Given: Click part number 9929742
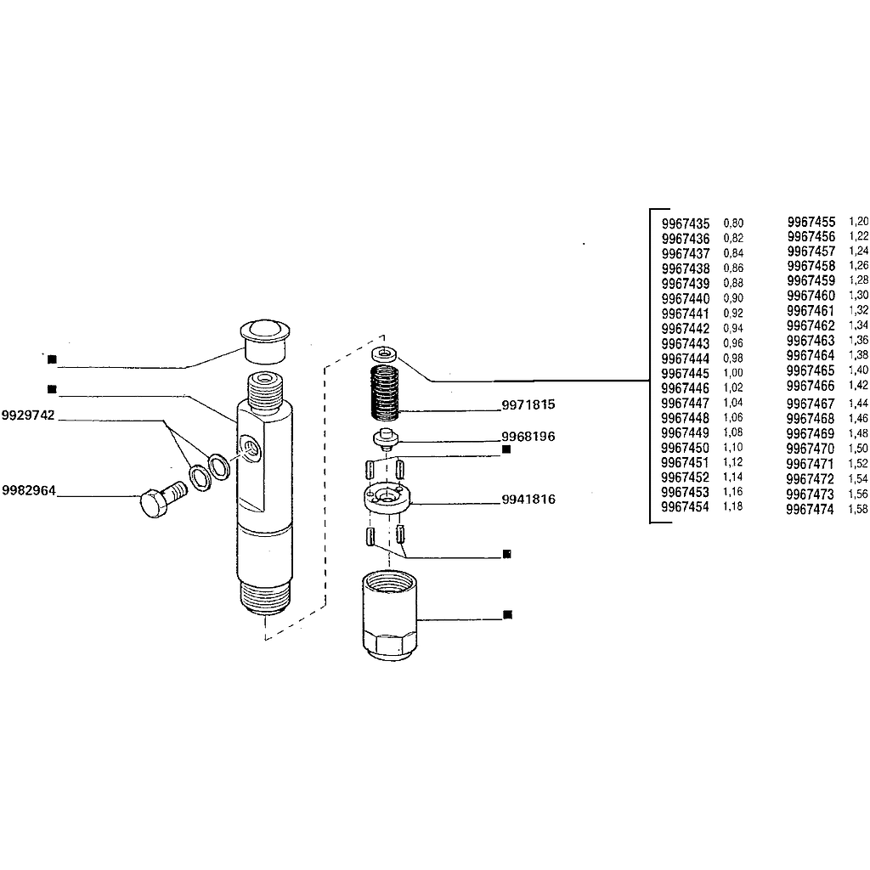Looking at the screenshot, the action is [28, 415].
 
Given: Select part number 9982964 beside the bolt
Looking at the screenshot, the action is [29, 490].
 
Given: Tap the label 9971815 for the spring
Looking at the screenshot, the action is [528, 404].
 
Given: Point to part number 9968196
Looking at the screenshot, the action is [528, 437].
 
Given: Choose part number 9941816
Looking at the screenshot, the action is [528, 500].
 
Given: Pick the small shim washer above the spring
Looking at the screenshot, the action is [384, 353].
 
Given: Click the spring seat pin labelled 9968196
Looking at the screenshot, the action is [386, 438].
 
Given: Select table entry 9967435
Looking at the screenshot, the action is [686, 224].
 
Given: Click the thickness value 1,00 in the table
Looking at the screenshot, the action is [733, 373].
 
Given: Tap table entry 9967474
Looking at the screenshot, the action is [810, 510].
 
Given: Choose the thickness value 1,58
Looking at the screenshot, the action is [858, 509].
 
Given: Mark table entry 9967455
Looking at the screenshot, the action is [811, 222].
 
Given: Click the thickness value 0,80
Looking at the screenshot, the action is [733, 223].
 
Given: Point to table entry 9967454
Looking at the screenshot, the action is [685, 507].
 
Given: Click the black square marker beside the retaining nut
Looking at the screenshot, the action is [507, 615].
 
